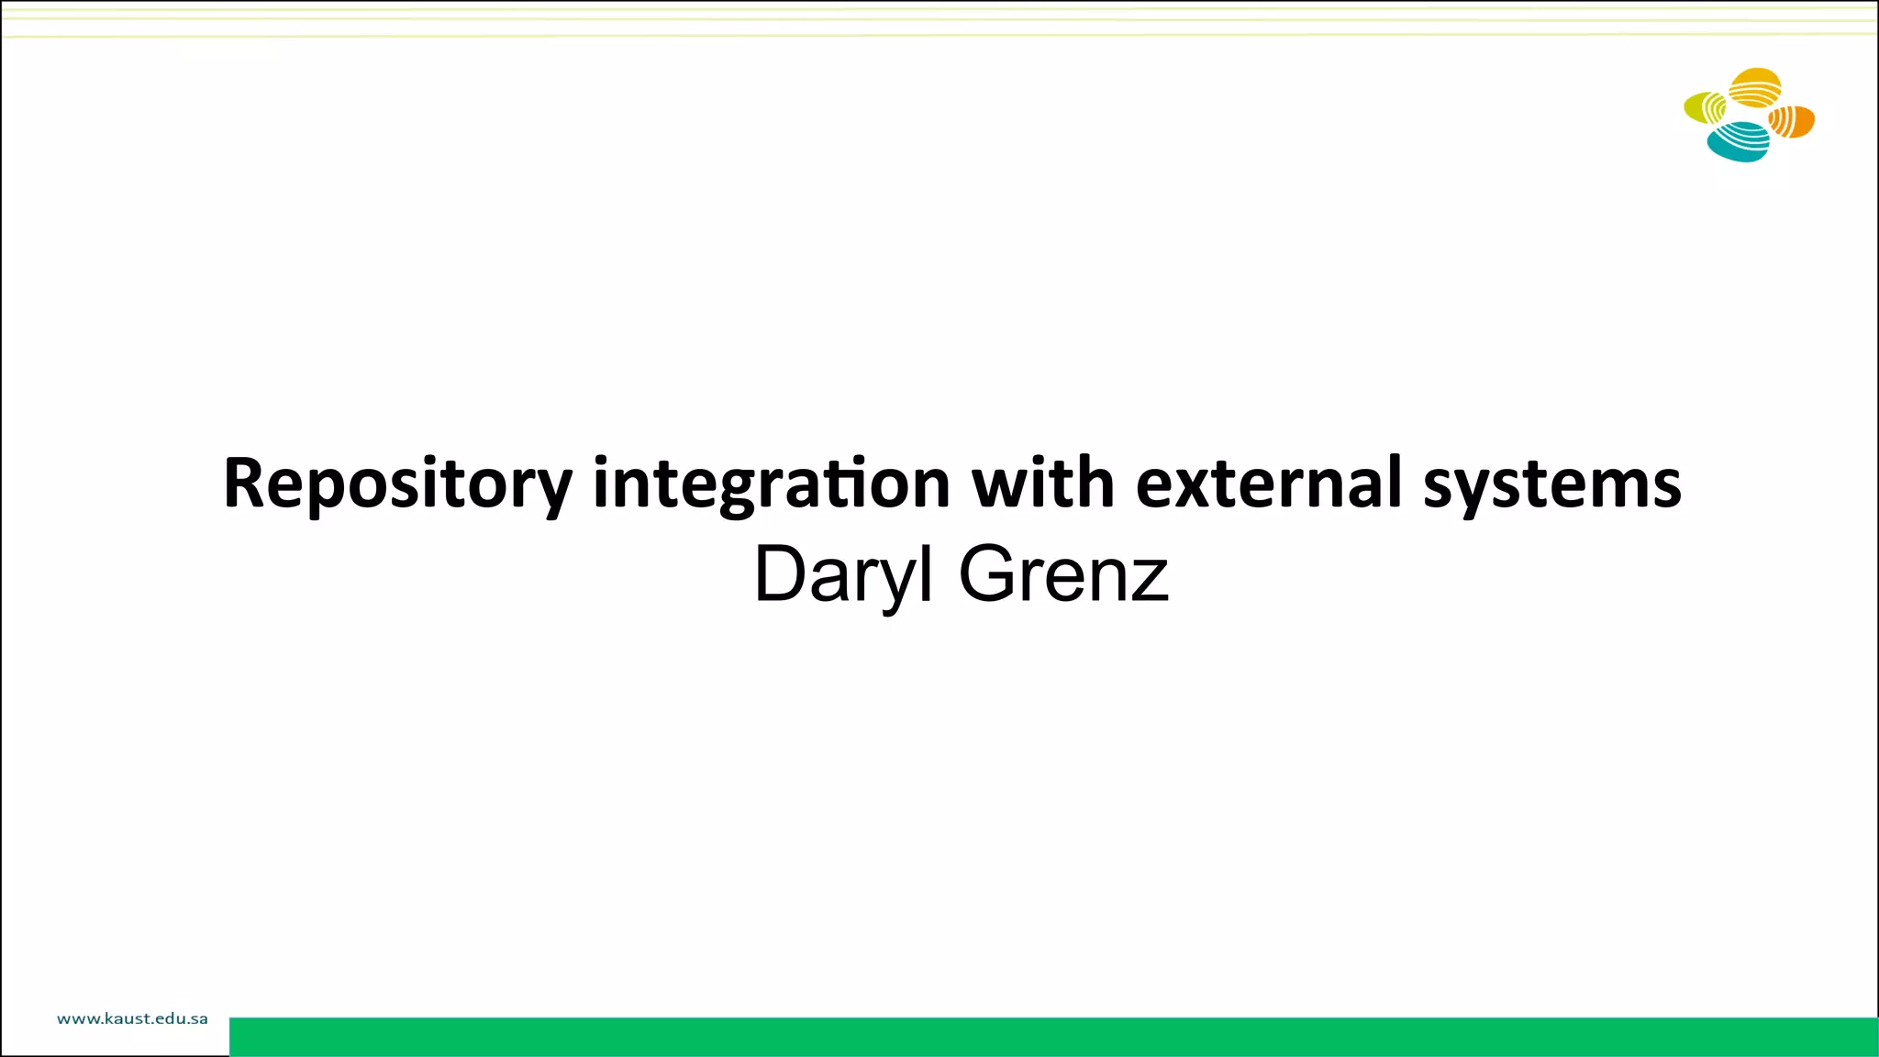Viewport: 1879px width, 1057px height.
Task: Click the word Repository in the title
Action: (x=397, y=484)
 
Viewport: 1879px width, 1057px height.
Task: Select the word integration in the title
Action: (x=771, y=484)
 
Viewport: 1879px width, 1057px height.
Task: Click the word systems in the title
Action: (x=1551, y=484)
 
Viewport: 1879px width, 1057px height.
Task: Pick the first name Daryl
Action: (x=843, y=575)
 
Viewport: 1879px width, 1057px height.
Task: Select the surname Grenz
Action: (x=1063, y=575)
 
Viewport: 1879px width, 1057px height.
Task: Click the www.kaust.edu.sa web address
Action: (x=132, y=1018)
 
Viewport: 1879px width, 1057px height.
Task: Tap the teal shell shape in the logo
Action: (x=1738, y=142)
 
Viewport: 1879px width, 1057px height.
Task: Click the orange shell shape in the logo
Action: (x=1792, y=121)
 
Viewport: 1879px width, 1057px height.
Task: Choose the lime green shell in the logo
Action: (x=1705, y=108)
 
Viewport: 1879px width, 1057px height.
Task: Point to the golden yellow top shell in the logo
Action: (x=1754, y=87)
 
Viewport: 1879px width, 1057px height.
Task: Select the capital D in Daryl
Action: (x=780, y=574)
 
